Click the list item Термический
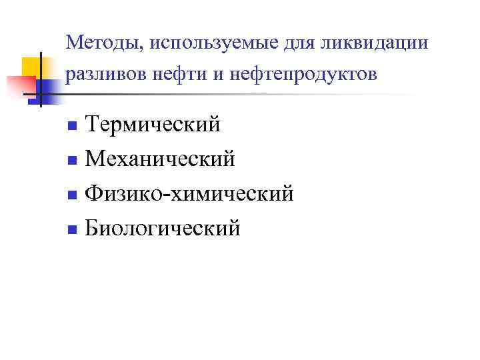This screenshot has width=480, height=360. point(154,124)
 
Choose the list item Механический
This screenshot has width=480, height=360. point(161,159)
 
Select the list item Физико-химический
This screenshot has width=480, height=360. point(190,193)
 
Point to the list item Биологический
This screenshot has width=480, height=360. point(164,229)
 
